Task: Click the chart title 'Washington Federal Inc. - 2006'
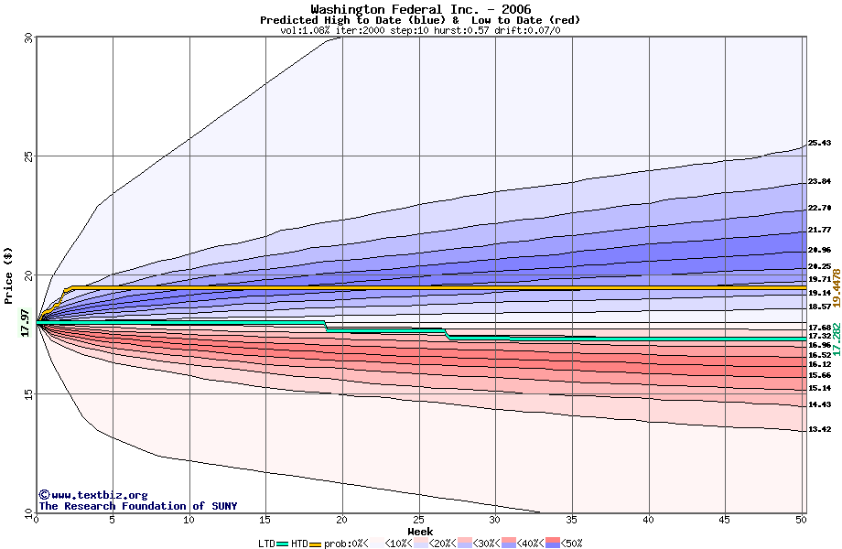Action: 420,9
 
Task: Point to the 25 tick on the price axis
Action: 28,156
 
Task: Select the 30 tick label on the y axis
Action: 28,38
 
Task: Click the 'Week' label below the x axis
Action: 420,532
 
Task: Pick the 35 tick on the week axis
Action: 572,520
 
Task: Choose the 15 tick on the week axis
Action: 265,520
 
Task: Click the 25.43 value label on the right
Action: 819,144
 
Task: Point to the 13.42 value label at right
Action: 819,430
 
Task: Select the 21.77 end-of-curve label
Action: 819,230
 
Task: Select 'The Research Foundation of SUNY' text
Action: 137,506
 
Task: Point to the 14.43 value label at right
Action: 819,404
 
